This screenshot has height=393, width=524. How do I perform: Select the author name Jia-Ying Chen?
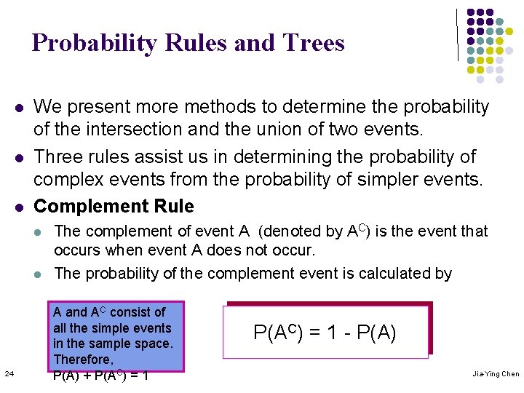tap(496, 374)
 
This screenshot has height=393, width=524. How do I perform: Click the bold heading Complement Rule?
tap(114, 207)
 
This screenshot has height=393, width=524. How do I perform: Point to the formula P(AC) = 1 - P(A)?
tap(325, 333)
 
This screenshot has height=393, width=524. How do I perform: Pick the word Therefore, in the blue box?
tap(83, 360)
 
